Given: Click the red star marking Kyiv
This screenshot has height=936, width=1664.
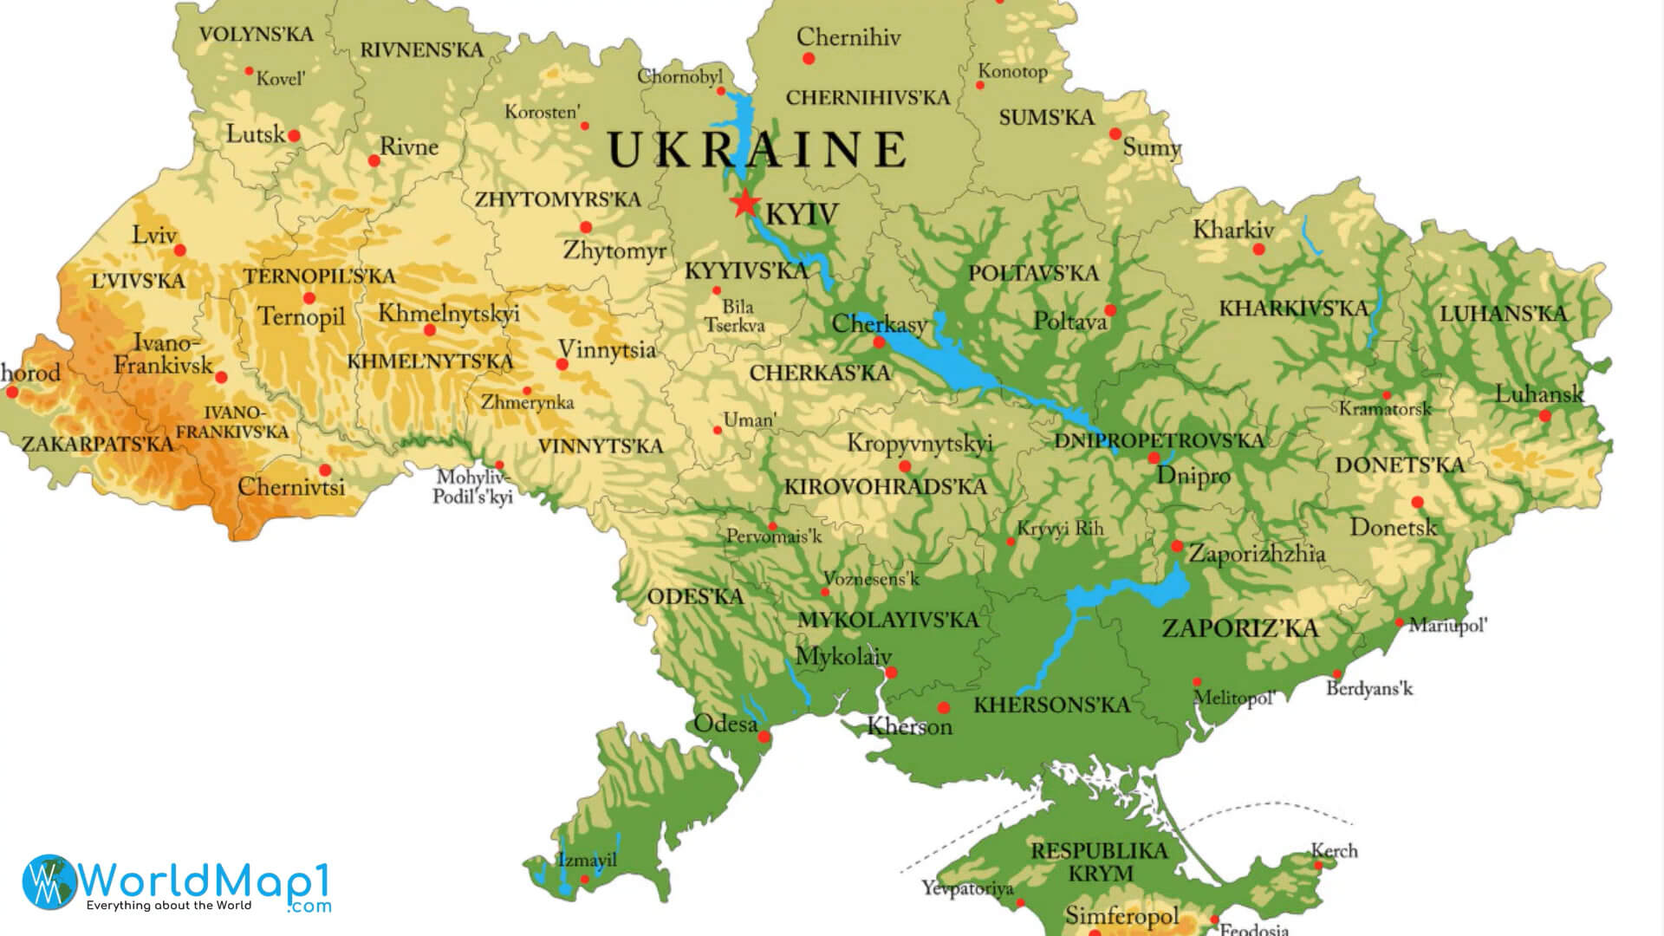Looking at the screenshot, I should [x=744, y=203].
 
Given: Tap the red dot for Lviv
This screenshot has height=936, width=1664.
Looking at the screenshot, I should [x=180, y=250].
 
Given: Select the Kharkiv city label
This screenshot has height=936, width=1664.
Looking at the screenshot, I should [x=1232, y=230].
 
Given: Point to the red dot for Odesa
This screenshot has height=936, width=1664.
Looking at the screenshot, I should [x=764, y=738].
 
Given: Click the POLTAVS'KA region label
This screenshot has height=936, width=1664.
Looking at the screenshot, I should [x=1033, y=273].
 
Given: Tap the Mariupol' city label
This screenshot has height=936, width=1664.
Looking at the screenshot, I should [x=1447, y=625].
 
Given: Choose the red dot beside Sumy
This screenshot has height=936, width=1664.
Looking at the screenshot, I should [x=1115, y=133].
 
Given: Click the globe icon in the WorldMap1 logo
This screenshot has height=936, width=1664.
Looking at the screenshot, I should [x=49, y=881].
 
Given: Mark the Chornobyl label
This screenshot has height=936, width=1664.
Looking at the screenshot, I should [x=679, y=76].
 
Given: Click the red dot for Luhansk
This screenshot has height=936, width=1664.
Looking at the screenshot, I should [x=1544, y=416].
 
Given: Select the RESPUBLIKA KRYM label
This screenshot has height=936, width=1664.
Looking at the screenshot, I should [x=1099, y=861].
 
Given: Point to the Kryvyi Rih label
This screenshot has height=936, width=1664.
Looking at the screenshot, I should [x=1060, y=528].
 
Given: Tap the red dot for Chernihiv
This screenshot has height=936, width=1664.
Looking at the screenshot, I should [x=809, y=59].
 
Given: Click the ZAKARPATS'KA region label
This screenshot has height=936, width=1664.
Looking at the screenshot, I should [x=97, y=445].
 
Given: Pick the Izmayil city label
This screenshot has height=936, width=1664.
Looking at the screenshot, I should [x=587, y=860].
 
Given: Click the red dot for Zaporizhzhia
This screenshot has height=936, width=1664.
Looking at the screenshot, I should [x=1176, y=546].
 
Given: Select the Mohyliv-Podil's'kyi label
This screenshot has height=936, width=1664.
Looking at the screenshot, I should [x=473, y=487].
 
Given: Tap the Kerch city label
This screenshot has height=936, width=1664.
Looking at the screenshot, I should [x=1334, y=851].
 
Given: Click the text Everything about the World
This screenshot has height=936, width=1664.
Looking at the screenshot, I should [x=168, y=906].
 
